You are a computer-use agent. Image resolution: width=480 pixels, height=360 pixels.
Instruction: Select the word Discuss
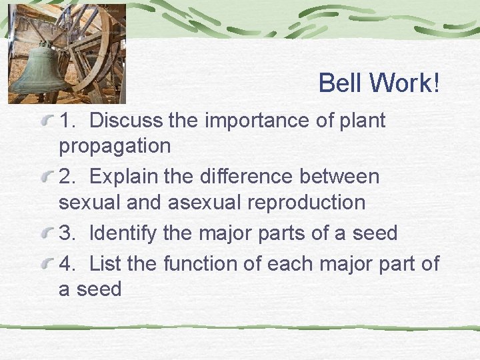pos(126,121)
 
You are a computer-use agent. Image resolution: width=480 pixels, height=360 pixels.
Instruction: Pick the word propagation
pos(115,146)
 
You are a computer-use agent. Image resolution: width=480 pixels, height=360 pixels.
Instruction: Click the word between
pos(343,177)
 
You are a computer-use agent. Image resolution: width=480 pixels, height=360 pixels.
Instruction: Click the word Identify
pos(123,233)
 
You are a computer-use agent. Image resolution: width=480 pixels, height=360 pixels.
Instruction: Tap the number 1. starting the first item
pos(67,121)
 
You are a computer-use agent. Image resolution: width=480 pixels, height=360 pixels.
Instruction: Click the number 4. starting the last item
pos(67,264)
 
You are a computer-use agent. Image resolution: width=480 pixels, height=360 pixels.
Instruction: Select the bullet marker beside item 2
pos(45,178)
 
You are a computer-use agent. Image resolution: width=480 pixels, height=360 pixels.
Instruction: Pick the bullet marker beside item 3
pos(45,235)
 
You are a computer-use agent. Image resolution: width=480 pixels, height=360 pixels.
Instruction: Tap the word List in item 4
pos(105,264)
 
